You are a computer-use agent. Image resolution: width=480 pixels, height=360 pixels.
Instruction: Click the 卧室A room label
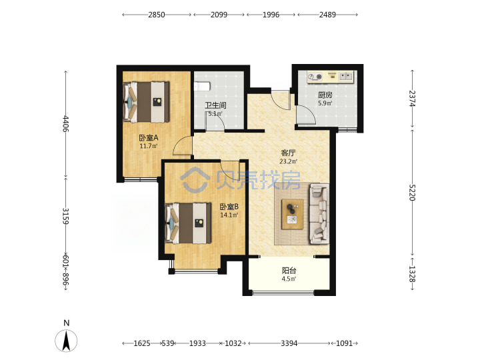pyautogui.click(x=149, y=138)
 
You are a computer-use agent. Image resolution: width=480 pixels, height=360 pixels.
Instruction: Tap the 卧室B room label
pyautogui.click(x=229, y=207)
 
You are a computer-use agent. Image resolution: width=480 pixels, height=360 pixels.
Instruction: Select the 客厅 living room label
pyautogui.click(x=288, y=153)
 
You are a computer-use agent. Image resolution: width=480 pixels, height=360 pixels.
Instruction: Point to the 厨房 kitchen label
pyautogui.click(x=325, y=95)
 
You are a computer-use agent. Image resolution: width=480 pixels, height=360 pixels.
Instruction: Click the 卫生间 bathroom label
pyautogui.click(x=215, y=105)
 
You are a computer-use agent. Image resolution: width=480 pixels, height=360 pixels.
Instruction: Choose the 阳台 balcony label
pyautogui.click(x=289, y=271)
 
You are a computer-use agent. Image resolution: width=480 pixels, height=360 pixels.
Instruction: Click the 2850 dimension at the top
pyautogui.click(x=157, y=15)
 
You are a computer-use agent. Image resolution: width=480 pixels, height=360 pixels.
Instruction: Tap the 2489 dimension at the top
pyautogui.click(x=327, y=15)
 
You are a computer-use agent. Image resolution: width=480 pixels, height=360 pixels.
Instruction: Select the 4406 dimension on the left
pyautogui.click(x=66, y=124)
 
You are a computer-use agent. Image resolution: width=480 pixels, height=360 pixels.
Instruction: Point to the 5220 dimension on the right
pyautogui.click(x=412, y=193)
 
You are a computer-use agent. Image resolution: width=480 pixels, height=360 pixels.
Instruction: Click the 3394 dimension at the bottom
pyautogui.click(x=289, y=343)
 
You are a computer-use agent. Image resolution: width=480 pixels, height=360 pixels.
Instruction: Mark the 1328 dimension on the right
pyautogui.click(x=412, y=274)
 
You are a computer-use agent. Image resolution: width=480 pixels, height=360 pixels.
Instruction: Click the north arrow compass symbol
pyautogui.click(x=66, y=341)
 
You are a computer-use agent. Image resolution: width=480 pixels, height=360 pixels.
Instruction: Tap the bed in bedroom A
pyautogui.click(x=146, y=102)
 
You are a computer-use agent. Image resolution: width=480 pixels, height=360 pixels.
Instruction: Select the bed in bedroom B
pyautogui.click(x=188, y=223)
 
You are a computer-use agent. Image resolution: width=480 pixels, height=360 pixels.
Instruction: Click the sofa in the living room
pyautogui.click(x=319, y=214)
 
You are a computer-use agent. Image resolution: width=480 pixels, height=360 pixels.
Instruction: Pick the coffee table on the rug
pyautogui.click(x=293, y=214)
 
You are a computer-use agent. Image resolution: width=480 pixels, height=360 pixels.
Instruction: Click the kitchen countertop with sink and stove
pyautogui.click(x=331, y=77)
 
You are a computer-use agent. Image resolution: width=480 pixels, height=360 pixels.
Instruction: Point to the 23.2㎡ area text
pyautogui.click(x=288, y=161)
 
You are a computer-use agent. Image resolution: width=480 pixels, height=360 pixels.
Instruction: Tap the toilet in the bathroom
pyautogui.click(x=202, y=86)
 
